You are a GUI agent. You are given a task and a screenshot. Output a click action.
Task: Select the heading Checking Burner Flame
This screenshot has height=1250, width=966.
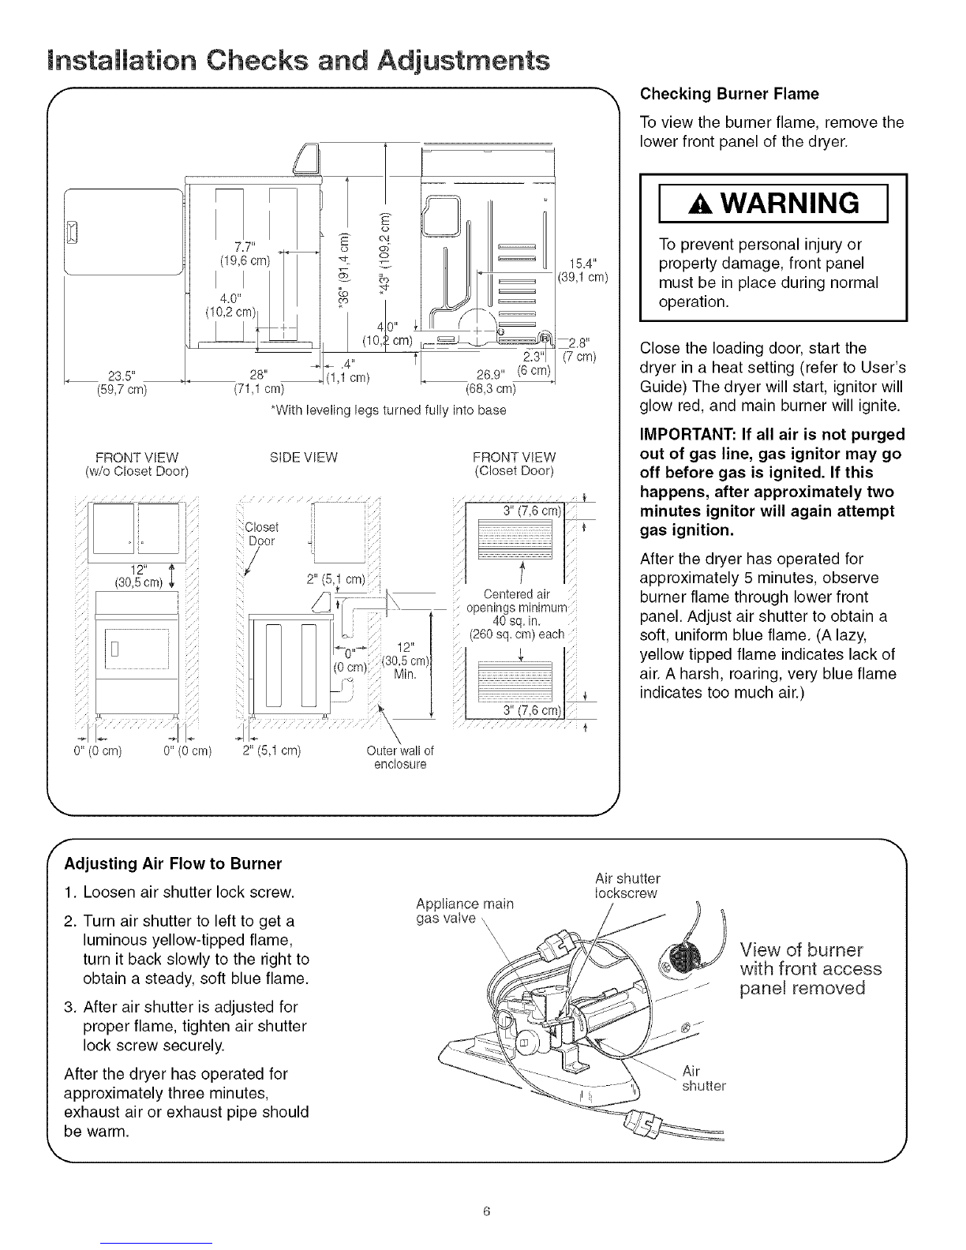(x=729, y=94)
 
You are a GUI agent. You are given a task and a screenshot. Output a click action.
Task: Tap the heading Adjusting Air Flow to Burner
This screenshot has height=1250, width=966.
(x=174, y=863)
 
